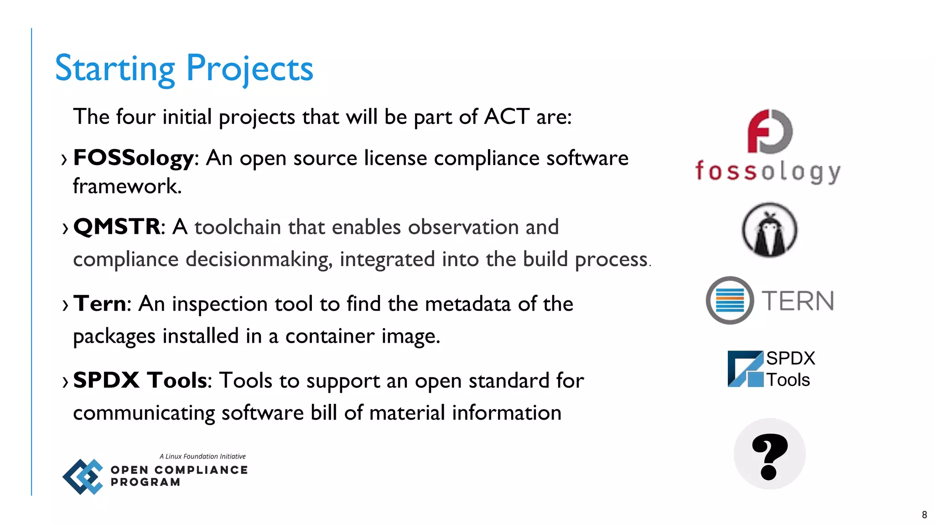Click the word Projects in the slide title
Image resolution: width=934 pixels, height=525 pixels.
(249, 68)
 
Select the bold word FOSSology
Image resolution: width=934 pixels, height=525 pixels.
(134, 158)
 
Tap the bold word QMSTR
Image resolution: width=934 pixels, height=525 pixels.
(117, 226)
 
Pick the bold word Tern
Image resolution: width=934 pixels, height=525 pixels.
(100, 304)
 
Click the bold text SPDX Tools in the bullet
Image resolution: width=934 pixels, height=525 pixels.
(140, 380)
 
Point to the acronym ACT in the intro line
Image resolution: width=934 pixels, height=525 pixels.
(507, 117)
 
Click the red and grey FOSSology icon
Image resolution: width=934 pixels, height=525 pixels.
(770, 131)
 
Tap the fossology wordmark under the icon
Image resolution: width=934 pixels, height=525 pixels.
(768, 171)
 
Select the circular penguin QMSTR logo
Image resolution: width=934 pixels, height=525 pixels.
(769, 230)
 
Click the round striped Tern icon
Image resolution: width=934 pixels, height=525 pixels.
(730, 300)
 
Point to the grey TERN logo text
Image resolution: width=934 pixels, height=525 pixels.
(798, 301)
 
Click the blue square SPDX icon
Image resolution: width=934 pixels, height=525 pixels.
(745, 369)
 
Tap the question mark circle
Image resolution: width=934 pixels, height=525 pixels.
(769, 454)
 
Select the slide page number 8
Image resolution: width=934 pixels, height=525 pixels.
(924, 515)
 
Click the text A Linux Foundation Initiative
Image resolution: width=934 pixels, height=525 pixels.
(202, 456)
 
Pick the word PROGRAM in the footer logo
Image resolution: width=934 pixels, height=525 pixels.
(145, 482)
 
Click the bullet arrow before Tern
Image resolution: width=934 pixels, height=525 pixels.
(65, 305)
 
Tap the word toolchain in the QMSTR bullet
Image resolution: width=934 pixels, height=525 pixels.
(238, 227)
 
